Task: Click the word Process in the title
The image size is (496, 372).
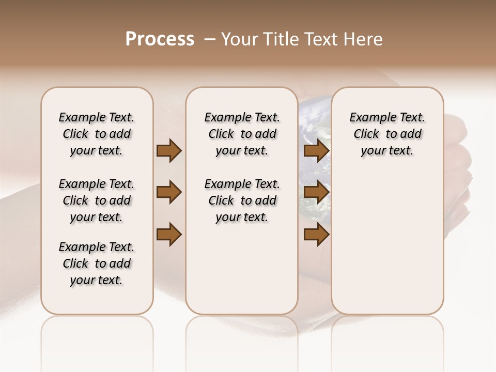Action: point(160,39)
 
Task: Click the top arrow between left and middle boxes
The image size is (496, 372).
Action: point(169,150)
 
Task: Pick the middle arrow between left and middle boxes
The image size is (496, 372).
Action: point(169,193)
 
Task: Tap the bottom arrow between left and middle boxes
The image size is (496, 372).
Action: point(169,235)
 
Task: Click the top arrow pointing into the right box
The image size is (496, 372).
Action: point(316,150)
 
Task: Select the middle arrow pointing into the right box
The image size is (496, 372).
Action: point(316,193)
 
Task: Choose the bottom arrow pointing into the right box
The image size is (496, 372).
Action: point(316,235)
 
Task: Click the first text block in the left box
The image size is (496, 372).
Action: point(97,134)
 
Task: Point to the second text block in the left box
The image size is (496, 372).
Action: point(97,200)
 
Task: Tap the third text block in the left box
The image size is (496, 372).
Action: point(97,263)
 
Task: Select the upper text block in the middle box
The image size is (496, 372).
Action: point(242,134)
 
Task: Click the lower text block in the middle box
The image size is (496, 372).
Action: point(242,200)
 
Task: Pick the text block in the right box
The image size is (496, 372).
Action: point(387,134)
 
